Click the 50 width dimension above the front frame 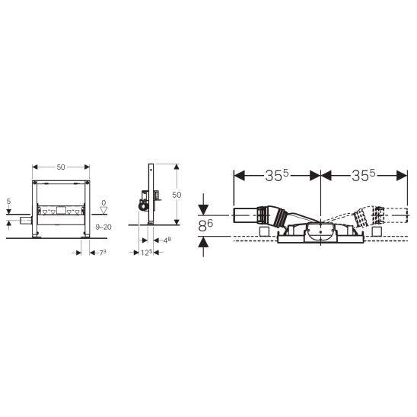tap(61, 167)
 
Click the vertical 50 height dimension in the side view tap(177, 195)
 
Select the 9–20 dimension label tap(103, 227)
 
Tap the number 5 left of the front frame tap(9, 202)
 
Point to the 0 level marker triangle tap(103, 210)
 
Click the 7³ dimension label tap(103, 253)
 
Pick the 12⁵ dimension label tap(147, 253)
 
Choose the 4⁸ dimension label tap(167, 240)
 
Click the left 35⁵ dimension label tap(277, 176)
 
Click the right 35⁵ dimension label tap(363, 176)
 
